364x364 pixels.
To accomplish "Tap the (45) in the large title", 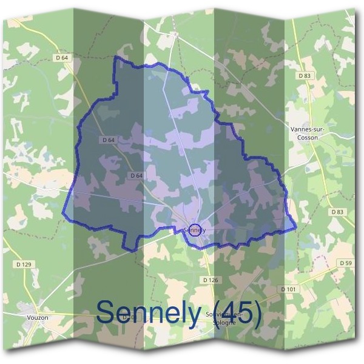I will pos(234,312).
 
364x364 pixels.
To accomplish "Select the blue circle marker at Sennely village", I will pos(195,230).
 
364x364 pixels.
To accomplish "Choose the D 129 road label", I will pos(24,265).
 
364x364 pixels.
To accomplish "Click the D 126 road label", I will pos(209,280).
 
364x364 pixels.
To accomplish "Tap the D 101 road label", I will pos(289,289).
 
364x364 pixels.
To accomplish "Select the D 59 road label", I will pos(346,263).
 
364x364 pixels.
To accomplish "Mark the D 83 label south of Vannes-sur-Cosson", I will pos(337,212).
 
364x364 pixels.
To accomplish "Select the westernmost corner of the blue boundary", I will pos(63,214).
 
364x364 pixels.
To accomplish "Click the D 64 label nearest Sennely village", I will pos(136,175).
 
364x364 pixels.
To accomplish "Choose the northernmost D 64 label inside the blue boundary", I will pos(109,140).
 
